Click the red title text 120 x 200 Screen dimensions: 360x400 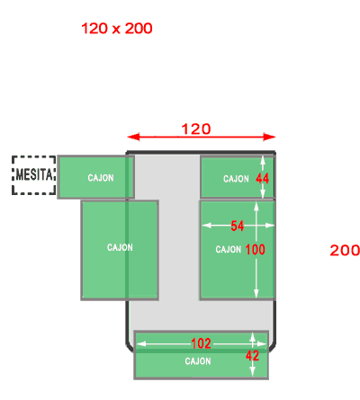pyautogui.click(x=117, y=29)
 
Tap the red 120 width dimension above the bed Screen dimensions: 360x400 pyautogui.click(x=196, y=129)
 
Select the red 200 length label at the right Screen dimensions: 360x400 pyautogui.click(x=345, y=250)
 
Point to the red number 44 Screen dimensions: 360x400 pyautogui.click(x=263, y=179)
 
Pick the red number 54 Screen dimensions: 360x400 pyautogui.click(x=237, y=226)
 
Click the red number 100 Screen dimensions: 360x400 pyautogui.click(x=256, y=249)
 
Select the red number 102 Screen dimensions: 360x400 pyautogui.click(x=201, y=343)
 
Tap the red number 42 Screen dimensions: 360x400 pyautogui.click(x=252, y=356)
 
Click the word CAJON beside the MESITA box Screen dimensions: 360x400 pyautogui.click(x=101, y=178)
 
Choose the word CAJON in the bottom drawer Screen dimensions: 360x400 pyautogui.click(x=198, y=361)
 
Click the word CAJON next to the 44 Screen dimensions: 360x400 pyautogui.click(x=236, y=179)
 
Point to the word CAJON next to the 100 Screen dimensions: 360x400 pyautogui.click(x=229, y=249)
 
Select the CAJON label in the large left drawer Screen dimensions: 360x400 pyautogui.click(x=120, y=247)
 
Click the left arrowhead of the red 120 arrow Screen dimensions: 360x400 pyautogui.click(x=133, y=137)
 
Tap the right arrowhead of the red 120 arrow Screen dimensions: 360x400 pyautogui.click(x=269, y=137)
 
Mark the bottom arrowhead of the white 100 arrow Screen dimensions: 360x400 pyautogui.click(x=256, y=294)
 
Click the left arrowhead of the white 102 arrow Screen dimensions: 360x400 pyautogui.click(x=141, y=344)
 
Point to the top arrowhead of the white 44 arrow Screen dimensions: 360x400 pyautogui.click(x=263, y=160)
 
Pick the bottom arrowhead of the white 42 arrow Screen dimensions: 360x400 pyautogui.click(x=252, y=371)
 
